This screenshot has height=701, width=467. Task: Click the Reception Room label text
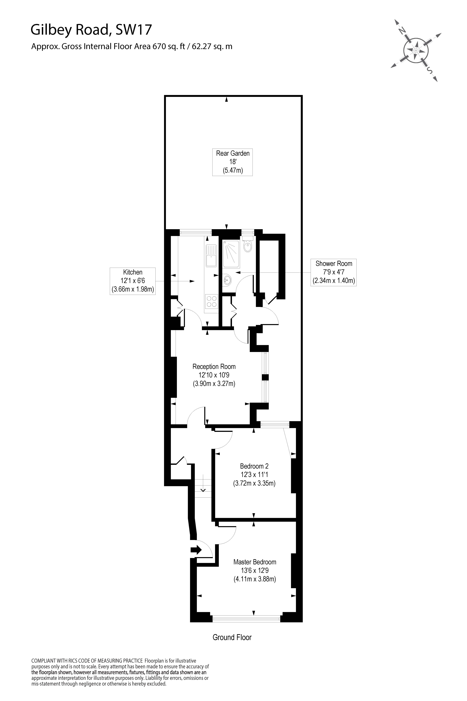(x=214, y=367)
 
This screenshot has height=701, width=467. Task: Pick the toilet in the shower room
(x=247, y=245)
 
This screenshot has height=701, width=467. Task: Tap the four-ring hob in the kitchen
(x=211, y=301)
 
